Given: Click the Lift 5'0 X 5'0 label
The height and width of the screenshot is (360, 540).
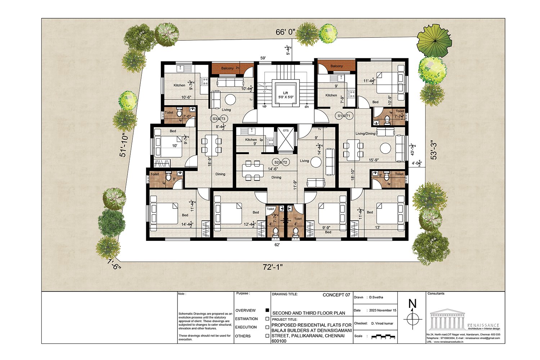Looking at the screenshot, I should click(x=285, y=95).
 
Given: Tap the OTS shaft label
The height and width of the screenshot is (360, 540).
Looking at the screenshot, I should click(x=285, y=130).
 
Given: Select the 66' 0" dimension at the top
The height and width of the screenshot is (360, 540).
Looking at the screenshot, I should click(x=285, y=32).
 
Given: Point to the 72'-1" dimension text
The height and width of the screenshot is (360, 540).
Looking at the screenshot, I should click(x=273, y=267).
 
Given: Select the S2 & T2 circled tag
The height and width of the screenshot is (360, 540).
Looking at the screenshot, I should click(x=281, y=162).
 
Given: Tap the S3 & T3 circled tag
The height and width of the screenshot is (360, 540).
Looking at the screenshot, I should click(x=219, y=119).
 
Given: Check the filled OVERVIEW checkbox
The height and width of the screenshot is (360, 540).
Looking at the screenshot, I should click(x=267, y=310).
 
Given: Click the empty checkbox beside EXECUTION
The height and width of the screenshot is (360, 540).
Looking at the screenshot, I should click(x=267, y=327).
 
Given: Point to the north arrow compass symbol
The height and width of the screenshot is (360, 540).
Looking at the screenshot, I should click(x=413, y=318).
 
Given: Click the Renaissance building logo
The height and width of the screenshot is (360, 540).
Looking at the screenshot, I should click(x=447, y=318).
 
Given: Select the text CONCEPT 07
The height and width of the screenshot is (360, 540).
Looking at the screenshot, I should click(x=336, y=295).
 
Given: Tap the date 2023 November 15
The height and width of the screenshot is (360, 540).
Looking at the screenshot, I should click(x=383, y=310).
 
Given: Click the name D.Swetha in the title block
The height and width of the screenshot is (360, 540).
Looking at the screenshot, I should click(x=376, y=297).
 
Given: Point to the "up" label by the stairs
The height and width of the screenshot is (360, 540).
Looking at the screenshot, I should click(x=265, y=106).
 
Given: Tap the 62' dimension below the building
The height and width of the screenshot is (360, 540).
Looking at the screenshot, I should click(x=277, y=244).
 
